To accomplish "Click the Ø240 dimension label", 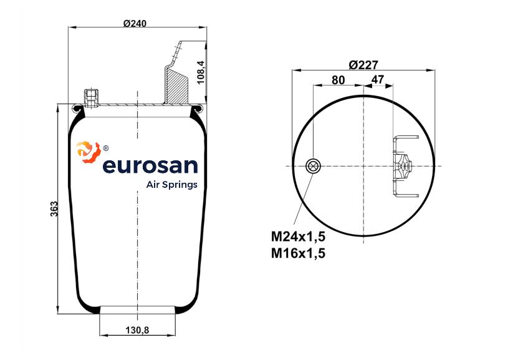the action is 135,23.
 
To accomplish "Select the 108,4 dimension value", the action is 201,72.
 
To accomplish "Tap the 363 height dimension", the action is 54,209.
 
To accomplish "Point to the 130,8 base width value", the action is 137,330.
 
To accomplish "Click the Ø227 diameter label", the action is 363,65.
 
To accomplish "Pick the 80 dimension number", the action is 338,80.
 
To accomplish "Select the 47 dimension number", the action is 378,79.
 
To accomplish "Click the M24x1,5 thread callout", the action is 298,236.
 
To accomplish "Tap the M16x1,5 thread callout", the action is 298,253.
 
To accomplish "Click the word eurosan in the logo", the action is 150,165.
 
